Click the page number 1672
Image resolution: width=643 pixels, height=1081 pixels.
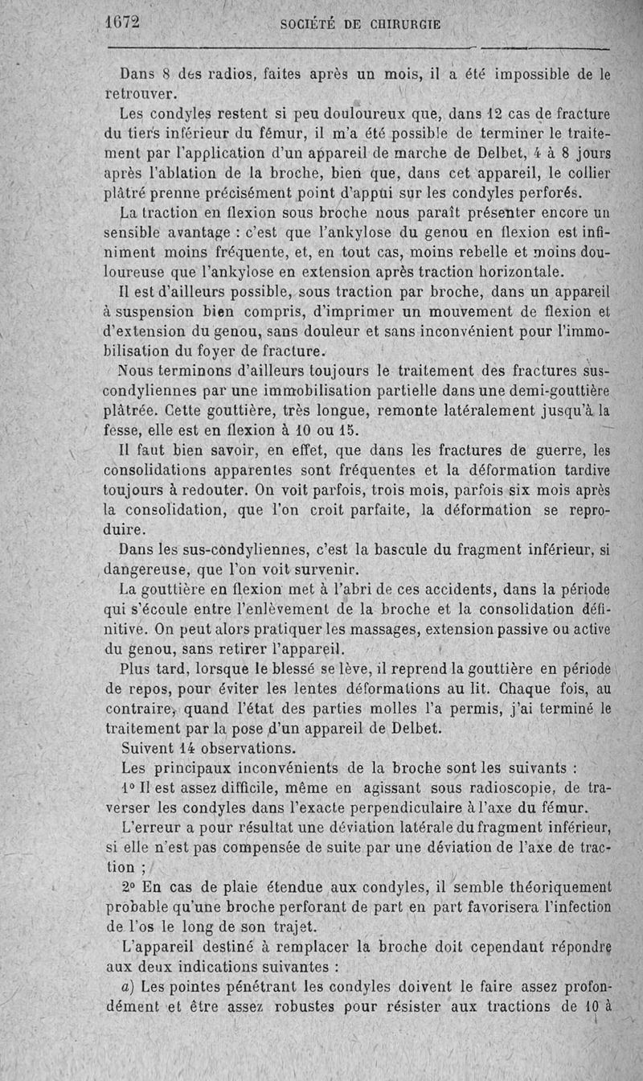122,22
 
